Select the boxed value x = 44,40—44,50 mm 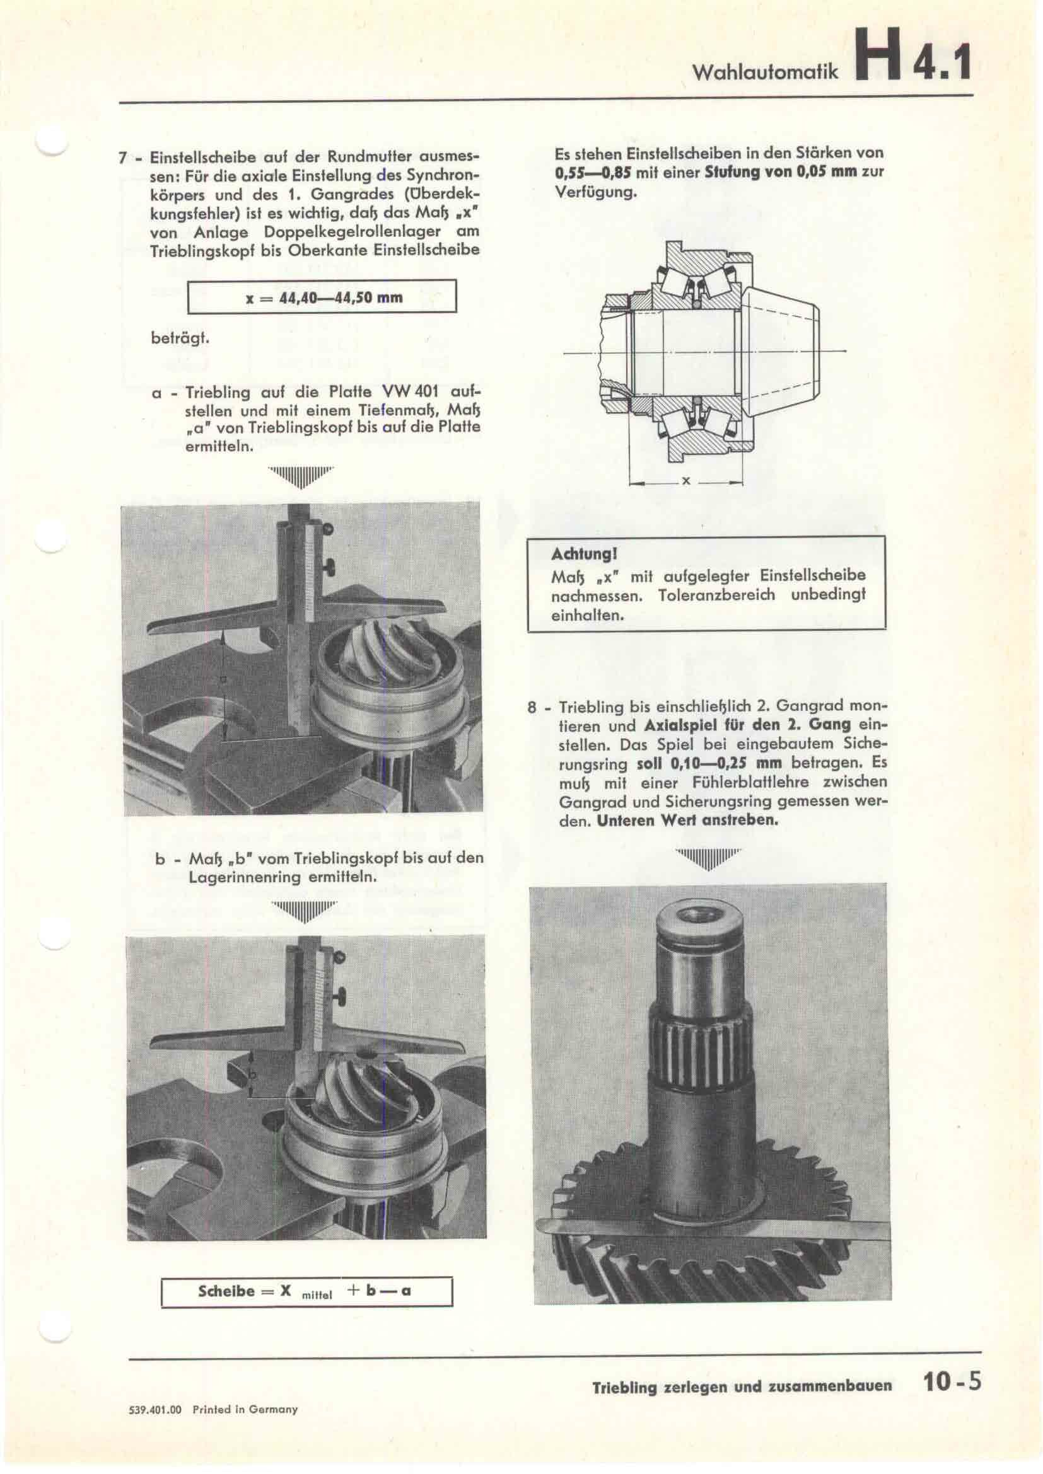[322, 297]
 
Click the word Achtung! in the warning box [575, 553]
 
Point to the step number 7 [122, 158]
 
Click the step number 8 [531, 708]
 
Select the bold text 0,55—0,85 [593, 173]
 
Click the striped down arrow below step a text [301, 476]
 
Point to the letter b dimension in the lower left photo [252, 1073]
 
